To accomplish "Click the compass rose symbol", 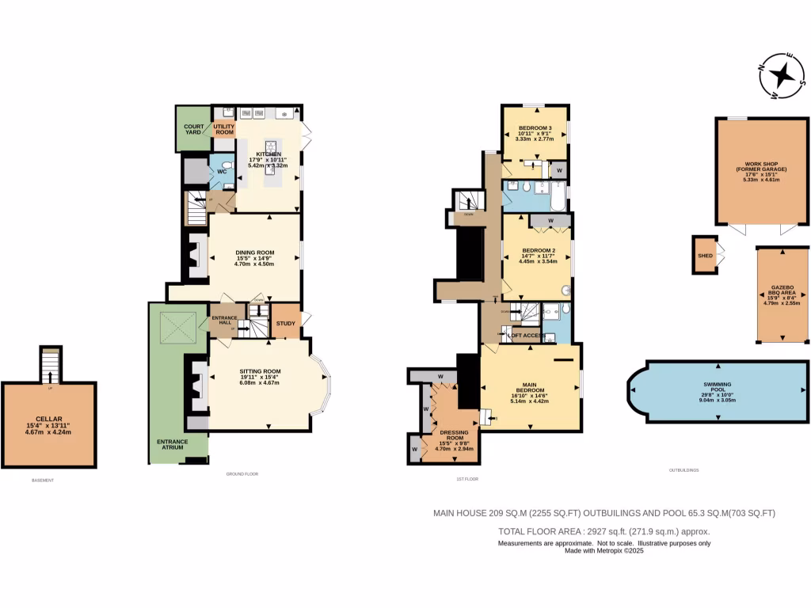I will pos(782,76).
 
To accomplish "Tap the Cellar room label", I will pos(48,425).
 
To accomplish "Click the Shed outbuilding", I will pos(704,256).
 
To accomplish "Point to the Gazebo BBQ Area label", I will pos(782,293).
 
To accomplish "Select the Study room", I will pos(285,322).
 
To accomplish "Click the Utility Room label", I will pos(224,130).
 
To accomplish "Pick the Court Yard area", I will pos(193,129).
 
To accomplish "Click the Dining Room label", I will pos(254,258).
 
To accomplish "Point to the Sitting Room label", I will pos(261,377).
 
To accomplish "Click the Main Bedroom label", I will pos(531,390).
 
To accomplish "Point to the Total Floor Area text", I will pos(603,531).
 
